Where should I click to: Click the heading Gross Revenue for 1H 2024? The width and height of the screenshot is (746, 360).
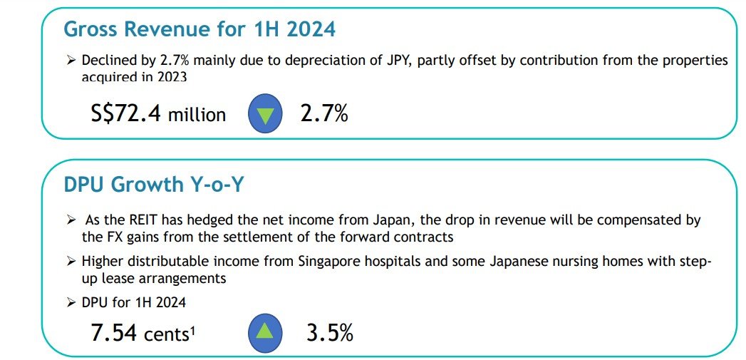[199, 29]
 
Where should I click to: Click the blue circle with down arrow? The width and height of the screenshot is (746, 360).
[265, 115]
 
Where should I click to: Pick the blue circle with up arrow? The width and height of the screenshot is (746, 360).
[265, 332]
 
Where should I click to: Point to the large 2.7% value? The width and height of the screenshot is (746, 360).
[324, 113]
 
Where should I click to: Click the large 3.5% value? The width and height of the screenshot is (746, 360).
[328, 332]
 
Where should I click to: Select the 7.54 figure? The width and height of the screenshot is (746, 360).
[115, 332]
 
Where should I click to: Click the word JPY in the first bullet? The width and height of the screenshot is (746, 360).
[396, 61]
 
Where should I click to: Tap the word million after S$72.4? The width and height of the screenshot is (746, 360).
[197, 115]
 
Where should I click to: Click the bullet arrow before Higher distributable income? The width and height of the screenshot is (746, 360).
[70, 262]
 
